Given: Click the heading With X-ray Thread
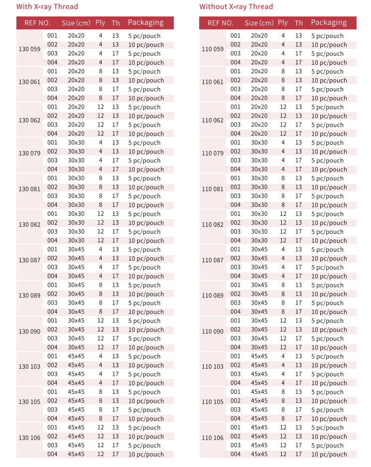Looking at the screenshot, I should click(x=47, y=7).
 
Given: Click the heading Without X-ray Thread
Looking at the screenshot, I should click(x=236, y=7).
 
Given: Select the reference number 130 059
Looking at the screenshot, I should click(x=30, y=49).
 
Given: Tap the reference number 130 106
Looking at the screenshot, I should click(x=30, y=438).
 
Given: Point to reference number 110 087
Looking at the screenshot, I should click(x=213, y=260).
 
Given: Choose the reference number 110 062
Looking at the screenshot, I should click(x=213, y=120).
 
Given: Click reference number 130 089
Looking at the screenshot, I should click(x=30, y=296).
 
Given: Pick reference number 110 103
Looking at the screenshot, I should click(x=213, y=366).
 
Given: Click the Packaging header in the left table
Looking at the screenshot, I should click(x=145, y=22).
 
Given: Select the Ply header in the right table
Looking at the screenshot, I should click(x=283, y=22).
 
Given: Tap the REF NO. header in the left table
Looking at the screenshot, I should click(x=37, y=23).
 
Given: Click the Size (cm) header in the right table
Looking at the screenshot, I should click(x=259, y=23).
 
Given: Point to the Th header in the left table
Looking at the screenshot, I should click(x=116, y=23).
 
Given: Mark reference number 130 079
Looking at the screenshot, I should click(x=30, y=153).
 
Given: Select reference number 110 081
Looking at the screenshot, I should click(x=213, y=189).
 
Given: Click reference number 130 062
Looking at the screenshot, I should click(x=30, y=120).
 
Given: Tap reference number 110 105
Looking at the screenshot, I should click(x=213, y=402).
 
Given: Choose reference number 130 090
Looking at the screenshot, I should click(x=30, y=331).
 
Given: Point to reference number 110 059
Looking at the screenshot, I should click(x=213, y=49).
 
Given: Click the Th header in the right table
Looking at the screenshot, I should click(x=299, y=23).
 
